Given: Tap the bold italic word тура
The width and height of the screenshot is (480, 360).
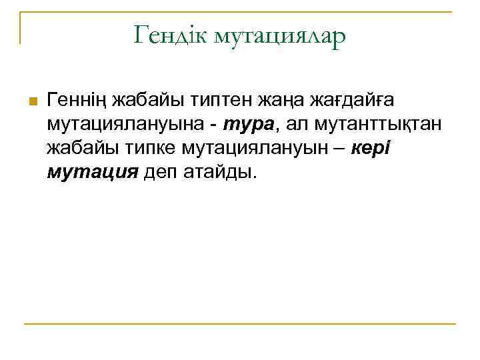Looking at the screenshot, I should pyautogui.click(x=247, y=125).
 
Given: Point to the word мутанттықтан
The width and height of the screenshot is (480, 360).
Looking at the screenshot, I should pyautogui.click(x=379, y=125).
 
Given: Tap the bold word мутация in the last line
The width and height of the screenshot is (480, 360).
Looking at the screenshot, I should pyautogui.click(x=93, y=173).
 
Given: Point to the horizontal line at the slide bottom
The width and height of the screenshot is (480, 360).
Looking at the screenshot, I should pyautogui.click(x=240, y=325).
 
